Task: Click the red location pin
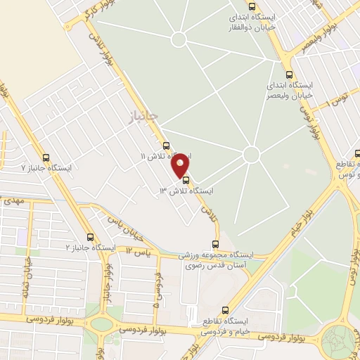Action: click(x=181, y=165)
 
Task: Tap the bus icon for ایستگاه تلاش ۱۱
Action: click(x=166, y=146)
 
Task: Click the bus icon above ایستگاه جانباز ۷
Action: click(x=46, y=157)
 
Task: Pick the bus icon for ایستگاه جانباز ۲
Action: click(x=89, y=237)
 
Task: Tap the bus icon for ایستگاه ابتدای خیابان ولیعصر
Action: click(x=289, y=75)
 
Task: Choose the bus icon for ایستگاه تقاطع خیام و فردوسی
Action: click(x=225, y=309)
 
